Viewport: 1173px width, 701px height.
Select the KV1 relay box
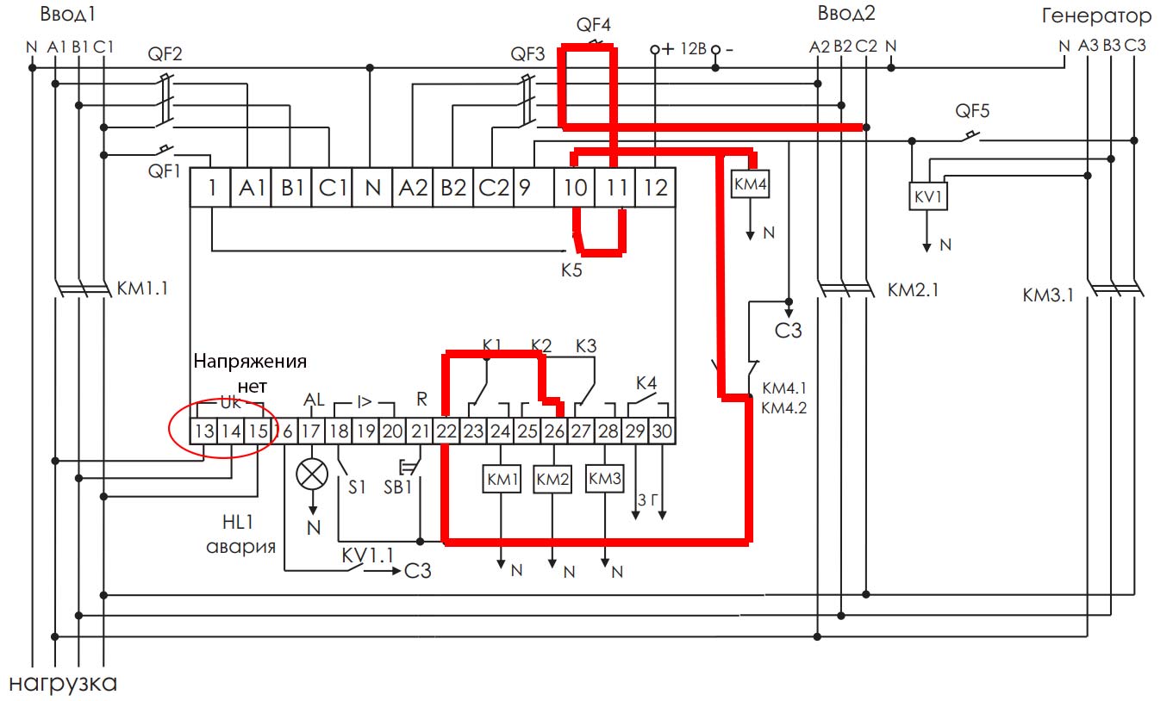tap(928, 197)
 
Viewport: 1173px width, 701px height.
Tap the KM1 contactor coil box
tap(501, 481)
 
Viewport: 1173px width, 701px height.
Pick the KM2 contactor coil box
tap(552, 481)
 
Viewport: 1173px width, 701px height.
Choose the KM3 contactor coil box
tap(605, 479)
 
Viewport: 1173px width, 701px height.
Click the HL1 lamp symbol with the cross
tap(312, 474)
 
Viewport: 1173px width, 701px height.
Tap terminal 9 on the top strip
tap(524, 188)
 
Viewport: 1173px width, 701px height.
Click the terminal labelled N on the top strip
tap(372, 188)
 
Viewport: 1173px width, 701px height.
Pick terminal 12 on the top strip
tap(656, 188)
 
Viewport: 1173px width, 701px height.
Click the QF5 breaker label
tap(973, 111)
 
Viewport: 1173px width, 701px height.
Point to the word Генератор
tap(1096, 16)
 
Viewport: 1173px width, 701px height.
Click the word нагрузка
tap(63, 685)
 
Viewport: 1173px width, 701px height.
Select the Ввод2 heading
tap(845, 15)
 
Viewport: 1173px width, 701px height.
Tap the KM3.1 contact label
tap(1048, 295)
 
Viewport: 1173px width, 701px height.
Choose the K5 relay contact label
tap(571, 269)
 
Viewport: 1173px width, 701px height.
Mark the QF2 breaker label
tap(165, 55)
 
